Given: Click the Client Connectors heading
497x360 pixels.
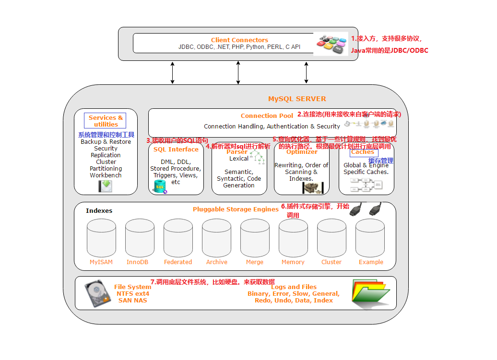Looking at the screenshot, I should [239, 40].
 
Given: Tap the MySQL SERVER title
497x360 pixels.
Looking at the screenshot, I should [297, 99].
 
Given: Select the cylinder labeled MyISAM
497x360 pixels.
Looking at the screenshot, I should [101, 238].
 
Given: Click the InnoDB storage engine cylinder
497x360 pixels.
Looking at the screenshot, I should [140, 238].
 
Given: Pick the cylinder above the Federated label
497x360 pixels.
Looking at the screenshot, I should [178, 238].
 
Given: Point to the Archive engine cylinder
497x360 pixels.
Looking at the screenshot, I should [216, 238].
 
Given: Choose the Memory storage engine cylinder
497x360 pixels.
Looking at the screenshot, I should [293, 238].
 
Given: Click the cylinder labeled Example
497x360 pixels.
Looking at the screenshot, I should [370, 238].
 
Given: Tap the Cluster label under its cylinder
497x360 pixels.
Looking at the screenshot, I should [331, 262].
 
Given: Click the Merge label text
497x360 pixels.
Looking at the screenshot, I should [255, 262].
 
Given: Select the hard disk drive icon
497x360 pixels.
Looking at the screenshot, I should [97, 293].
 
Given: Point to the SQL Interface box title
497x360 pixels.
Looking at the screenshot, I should [176, 150].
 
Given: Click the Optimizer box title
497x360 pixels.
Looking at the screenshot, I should [302, 152].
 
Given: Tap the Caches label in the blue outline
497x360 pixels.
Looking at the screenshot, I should [363, 152].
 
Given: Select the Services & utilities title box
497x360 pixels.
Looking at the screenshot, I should [106, 121].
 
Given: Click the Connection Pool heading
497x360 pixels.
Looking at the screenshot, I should [267, 116].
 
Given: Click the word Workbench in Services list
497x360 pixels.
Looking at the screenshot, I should [106, 175].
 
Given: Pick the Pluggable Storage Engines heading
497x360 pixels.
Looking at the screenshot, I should [236, 209].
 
